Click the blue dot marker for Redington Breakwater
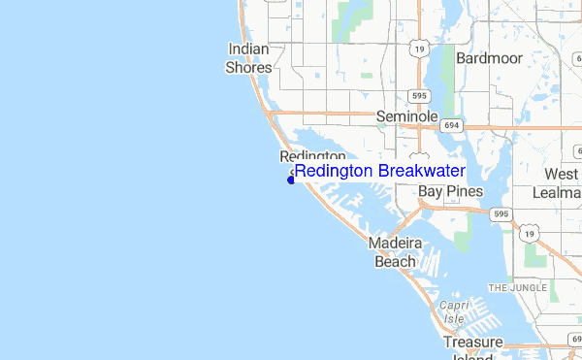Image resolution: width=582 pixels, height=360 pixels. tap(291, 179)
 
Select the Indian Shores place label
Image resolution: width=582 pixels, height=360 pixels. tap(249, 58)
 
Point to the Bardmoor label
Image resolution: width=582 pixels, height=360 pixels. tap(489, 58)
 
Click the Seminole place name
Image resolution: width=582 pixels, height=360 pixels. tap(407, 116)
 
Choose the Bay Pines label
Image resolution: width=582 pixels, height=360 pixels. tap(450, 192)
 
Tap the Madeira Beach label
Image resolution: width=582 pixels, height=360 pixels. tap(395, 252)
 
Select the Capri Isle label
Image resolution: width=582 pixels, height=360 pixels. tap(453, 310)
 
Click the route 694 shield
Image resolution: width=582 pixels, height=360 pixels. tap(452, 125)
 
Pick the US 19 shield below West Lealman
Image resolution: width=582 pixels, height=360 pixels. tap(530, 234)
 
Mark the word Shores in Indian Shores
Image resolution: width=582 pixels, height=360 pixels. tap(249, 68)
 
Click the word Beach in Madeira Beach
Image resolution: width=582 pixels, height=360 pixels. tap(395, 261)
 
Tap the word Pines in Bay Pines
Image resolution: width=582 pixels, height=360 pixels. tap(465, 192)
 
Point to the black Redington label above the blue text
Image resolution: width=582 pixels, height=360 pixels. tap(312, 156)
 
